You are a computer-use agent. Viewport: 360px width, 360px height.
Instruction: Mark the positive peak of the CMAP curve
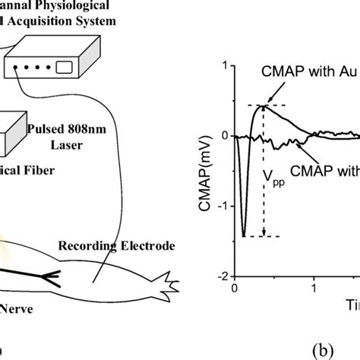[x=263, y=106]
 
